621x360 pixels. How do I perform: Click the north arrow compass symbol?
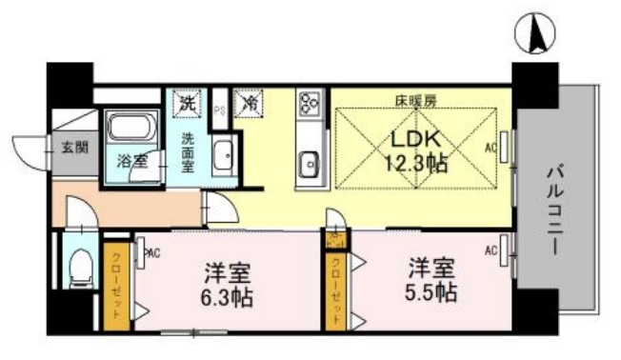536,35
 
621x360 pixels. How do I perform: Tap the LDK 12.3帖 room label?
416,150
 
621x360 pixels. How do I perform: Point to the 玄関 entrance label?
72,148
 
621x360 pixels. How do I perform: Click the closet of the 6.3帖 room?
117,284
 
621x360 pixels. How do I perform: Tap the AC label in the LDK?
491,148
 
